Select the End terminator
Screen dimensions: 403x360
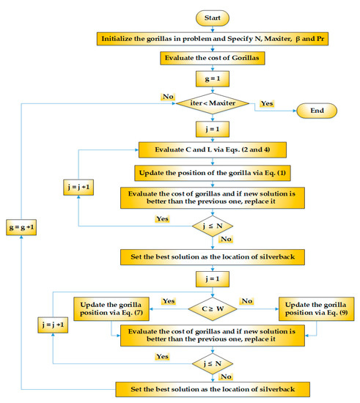[x=316, y=111]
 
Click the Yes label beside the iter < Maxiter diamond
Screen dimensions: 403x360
[x=266, y=104]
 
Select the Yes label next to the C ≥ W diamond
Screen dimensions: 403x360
[x=168, y=301]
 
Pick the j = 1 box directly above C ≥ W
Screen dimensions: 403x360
[x=213, y=279]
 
